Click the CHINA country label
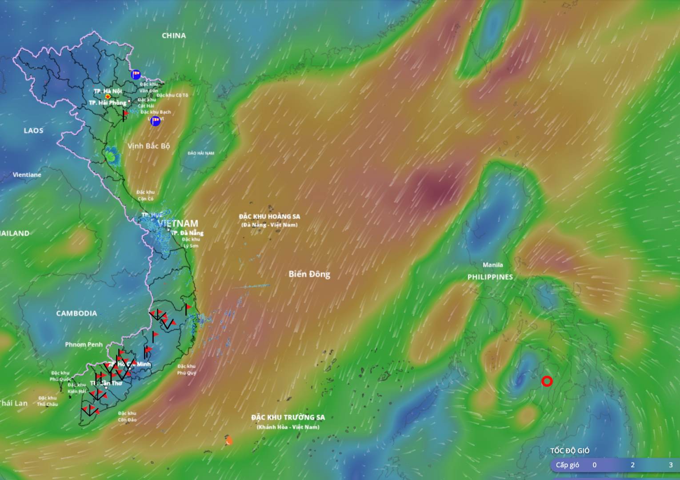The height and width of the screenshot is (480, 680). point(174,36)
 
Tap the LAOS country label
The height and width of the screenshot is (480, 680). point(33,131)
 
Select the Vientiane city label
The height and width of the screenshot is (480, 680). point(27,175)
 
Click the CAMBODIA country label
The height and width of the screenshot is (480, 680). point(76,313)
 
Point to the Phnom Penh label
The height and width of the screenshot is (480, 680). point(84,344)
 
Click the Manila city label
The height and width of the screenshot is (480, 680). point(493,265)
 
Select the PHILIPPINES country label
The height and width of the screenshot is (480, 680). point(490,277)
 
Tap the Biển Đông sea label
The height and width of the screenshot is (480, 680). point(309,274)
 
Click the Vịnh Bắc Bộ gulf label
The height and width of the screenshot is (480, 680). point(148,146)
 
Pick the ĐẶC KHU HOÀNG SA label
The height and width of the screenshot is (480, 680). point(269,216)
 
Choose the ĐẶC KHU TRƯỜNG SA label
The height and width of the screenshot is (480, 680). point(288,417)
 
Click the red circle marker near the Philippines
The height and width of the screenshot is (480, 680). point(547,381)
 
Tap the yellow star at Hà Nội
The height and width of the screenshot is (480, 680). point(108,96)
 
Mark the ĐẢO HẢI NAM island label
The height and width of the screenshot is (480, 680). point(201,153)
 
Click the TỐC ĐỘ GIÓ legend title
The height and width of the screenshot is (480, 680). point(570,451)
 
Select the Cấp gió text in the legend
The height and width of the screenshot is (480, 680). point(568,465)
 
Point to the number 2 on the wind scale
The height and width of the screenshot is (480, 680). point(632,465)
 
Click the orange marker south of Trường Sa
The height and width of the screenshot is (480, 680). point(229,440)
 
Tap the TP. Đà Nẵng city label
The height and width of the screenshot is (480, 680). point(187,233)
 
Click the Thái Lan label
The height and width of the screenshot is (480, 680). point(13,403)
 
